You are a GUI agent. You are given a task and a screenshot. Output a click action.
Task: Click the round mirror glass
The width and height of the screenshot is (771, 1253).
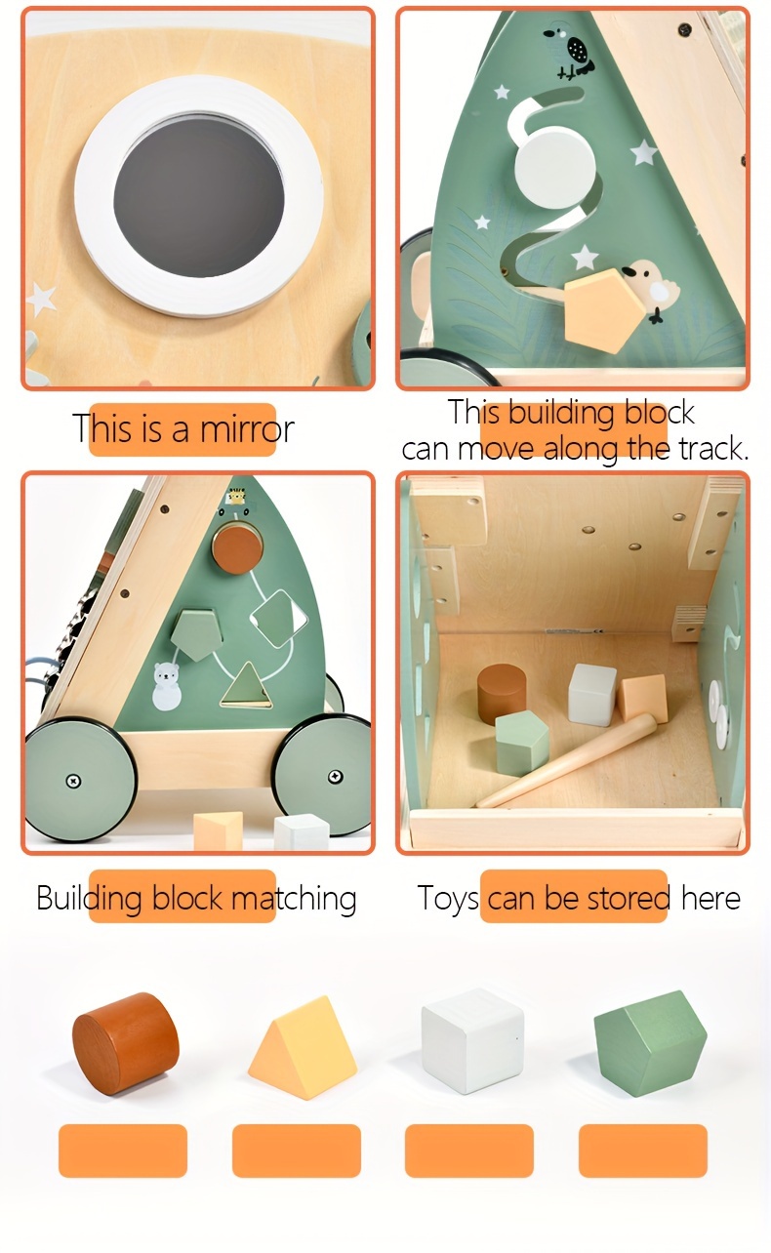[199, 196]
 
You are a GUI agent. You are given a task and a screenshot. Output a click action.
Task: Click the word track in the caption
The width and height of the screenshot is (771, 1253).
[710, 450]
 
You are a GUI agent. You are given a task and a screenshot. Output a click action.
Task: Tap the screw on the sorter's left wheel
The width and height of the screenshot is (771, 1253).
[74, 780]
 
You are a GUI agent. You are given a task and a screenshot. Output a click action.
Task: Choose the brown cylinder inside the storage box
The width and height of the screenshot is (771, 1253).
[502, 694]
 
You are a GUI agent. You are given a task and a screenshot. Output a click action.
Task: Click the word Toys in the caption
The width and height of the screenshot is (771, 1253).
[448, 898]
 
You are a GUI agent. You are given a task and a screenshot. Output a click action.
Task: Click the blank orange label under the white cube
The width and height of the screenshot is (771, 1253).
[469, 1151]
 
